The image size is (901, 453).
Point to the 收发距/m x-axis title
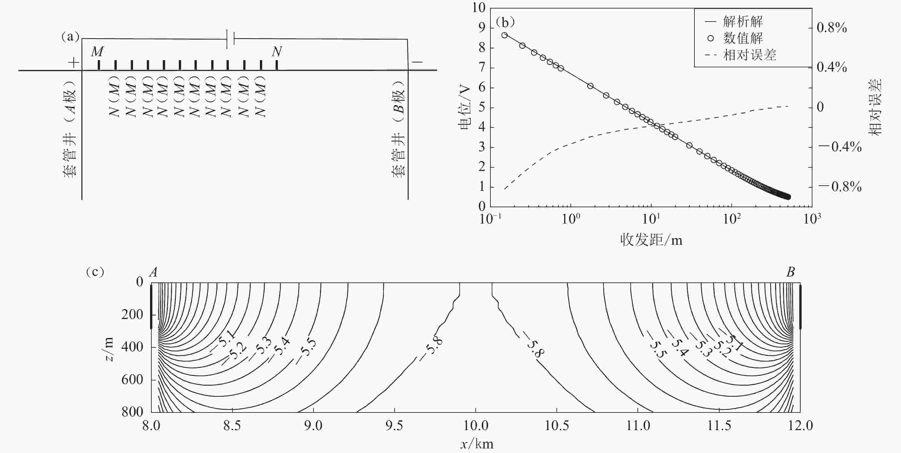click(651, 240)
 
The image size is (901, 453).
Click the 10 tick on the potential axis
click(479, 8)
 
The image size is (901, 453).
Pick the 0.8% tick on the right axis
click(832, 28)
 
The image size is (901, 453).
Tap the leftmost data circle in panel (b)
click(504, 35)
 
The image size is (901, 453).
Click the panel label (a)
click(70, 36)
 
